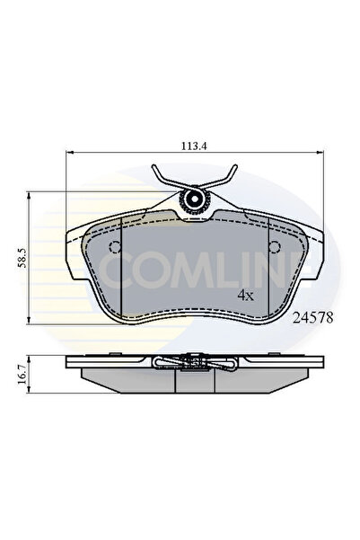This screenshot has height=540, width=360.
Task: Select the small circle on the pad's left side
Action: (x=114, y=249)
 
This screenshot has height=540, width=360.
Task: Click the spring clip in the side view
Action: (x=192, y=363)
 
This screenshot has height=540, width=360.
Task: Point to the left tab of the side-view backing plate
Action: (x=75, y=360)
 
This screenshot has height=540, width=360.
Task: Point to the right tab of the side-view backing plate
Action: (x=309, y=360)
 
